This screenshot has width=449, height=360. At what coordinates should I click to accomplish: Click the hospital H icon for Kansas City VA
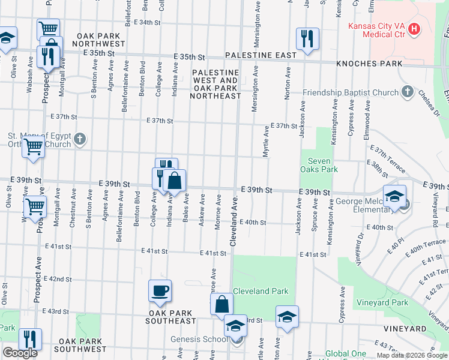pos(414,28)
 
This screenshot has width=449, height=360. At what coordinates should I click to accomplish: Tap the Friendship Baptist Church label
pos(351,93)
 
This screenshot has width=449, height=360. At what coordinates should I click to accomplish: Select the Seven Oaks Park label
pos(324,165)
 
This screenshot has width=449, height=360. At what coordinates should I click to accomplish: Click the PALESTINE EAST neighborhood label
pos(261,56)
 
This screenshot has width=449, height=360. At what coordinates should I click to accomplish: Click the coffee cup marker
pos(160,291)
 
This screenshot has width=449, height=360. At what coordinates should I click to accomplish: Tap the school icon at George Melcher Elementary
pos(394,196)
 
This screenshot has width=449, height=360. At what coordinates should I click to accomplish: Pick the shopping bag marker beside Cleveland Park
pos(221,304)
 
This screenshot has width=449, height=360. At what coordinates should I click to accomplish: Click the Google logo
pos(20,353)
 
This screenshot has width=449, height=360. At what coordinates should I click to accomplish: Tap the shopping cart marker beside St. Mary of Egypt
pos(33,146)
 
